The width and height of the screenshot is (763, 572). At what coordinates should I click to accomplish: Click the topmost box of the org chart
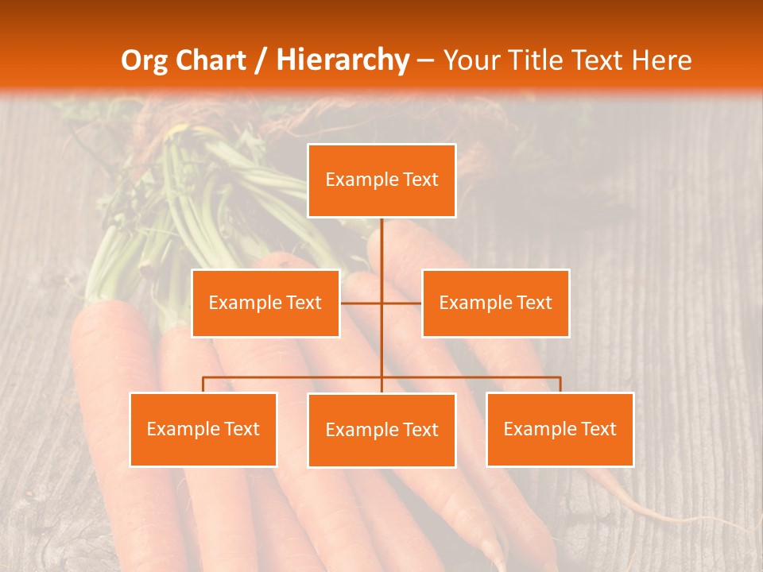coord(381,180)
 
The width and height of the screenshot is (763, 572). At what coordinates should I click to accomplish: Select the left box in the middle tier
coord(265,303)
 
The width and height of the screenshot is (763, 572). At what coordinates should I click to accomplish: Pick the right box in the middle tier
coord(495,303)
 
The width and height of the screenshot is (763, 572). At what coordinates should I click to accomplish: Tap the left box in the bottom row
coord(203,429)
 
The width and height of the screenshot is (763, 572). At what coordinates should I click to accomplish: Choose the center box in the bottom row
coord(381,430)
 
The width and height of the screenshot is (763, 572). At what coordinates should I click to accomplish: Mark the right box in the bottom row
coord(560,429)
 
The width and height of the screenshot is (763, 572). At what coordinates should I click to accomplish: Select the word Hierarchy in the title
coord(342,60)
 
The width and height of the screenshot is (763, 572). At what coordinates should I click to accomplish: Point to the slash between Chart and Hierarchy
coord(261,60)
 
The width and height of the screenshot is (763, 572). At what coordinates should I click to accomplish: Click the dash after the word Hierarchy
coord(425,60)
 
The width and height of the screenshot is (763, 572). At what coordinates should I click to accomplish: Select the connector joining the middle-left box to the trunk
coord(361,303)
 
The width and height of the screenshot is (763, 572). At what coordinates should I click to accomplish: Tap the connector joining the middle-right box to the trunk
coord(402,303)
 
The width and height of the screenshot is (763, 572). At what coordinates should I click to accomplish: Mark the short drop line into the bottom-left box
coord(203,385)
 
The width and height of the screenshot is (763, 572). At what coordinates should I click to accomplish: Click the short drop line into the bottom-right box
coord(560,385)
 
